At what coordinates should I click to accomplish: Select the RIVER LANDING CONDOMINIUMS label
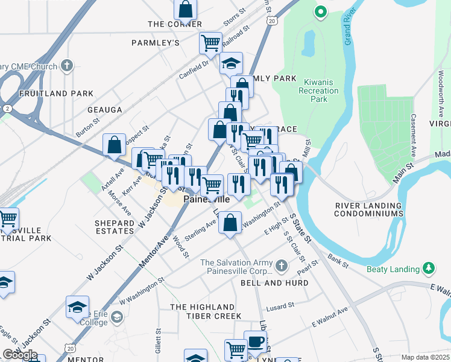click(x=369, y=209)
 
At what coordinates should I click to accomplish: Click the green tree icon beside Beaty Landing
click(x=429, y=268)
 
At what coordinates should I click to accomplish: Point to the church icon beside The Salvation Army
click(x=281, y=265)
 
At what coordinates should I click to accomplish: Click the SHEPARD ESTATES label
click(x=115, y=227)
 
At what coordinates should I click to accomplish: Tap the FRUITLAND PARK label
click(x=57, y=94)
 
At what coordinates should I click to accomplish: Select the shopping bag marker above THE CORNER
click(x=186, y=9)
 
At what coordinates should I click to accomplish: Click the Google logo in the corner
click(x=20, y=355)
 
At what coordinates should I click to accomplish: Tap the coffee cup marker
click(x=255, y=341)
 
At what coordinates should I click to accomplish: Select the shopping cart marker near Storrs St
click(x=210, y=43)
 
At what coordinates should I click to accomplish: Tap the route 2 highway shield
click(x=7, y=108)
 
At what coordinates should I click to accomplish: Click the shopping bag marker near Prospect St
click(x=114, y=145)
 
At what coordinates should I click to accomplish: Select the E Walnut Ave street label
click(x=330, y=318)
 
